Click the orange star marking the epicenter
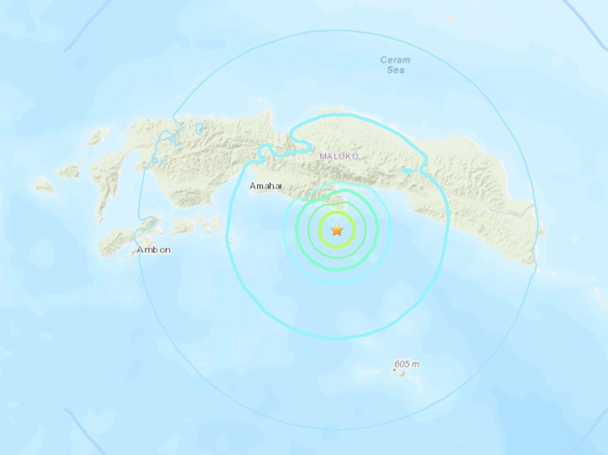337,230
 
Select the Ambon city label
154,250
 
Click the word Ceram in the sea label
396,60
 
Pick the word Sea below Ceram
396,70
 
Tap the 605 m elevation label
407,364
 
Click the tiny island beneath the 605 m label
399,372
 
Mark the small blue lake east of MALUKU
407,171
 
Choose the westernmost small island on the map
45,187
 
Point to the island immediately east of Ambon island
183,227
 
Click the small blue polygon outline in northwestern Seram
199,129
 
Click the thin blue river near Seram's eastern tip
513,213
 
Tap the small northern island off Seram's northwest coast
97,136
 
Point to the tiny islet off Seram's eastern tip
542,233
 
